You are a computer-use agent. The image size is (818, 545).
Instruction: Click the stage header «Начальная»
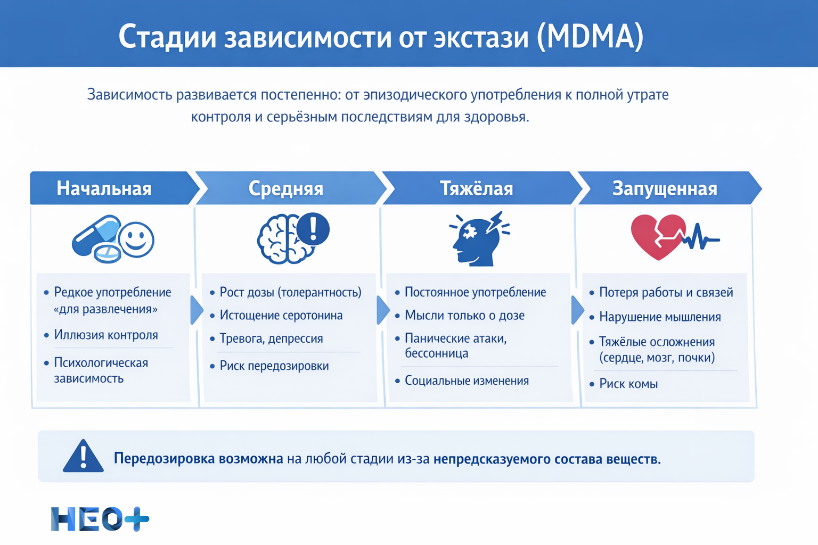coord(104,188)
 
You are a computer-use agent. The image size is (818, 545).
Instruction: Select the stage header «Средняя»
coord(286,188)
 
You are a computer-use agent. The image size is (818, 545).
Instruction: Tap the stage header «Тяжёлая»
coord(476,188)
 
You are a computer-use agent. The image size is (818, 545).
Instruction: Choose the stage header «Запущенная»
coord(665,188)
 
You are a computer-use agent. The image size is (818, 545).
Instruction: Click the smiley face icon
coord(136,239)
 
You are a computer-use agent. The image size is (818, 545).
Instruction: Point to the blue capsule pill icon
coord(96,236)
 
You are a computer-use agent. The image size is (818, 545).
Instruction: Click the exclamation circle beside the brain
coord(313,229)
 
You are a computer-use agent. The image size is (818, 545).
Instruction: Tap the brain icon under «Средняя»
coord(280,240)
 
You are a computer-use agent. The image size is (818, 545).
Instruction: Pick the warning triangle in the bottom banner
coord(83,457)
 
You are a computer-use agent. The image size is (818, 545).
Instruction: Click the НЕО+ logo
coord(100,519)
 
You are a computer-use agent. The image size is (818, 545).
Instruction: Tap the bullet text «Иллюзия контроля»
coord(105,335)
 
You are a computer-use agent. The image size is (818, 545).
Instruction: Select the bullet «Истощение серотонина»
coord(281,315)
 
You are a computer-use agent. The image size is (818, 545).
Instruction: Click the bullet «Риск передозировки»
coord(274,366)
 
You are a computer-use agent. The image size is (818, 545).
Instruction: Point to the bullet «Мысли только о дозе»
coord(464,315)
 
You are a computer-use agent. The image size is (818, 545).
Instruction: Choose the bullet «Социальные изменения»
coord(467,381)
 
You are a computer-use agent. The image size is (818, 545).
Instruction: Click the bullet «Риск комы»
coord(628,384)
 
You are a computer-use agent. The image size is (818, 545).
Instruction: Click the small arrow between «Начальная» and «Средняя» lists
coord(196,310)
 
